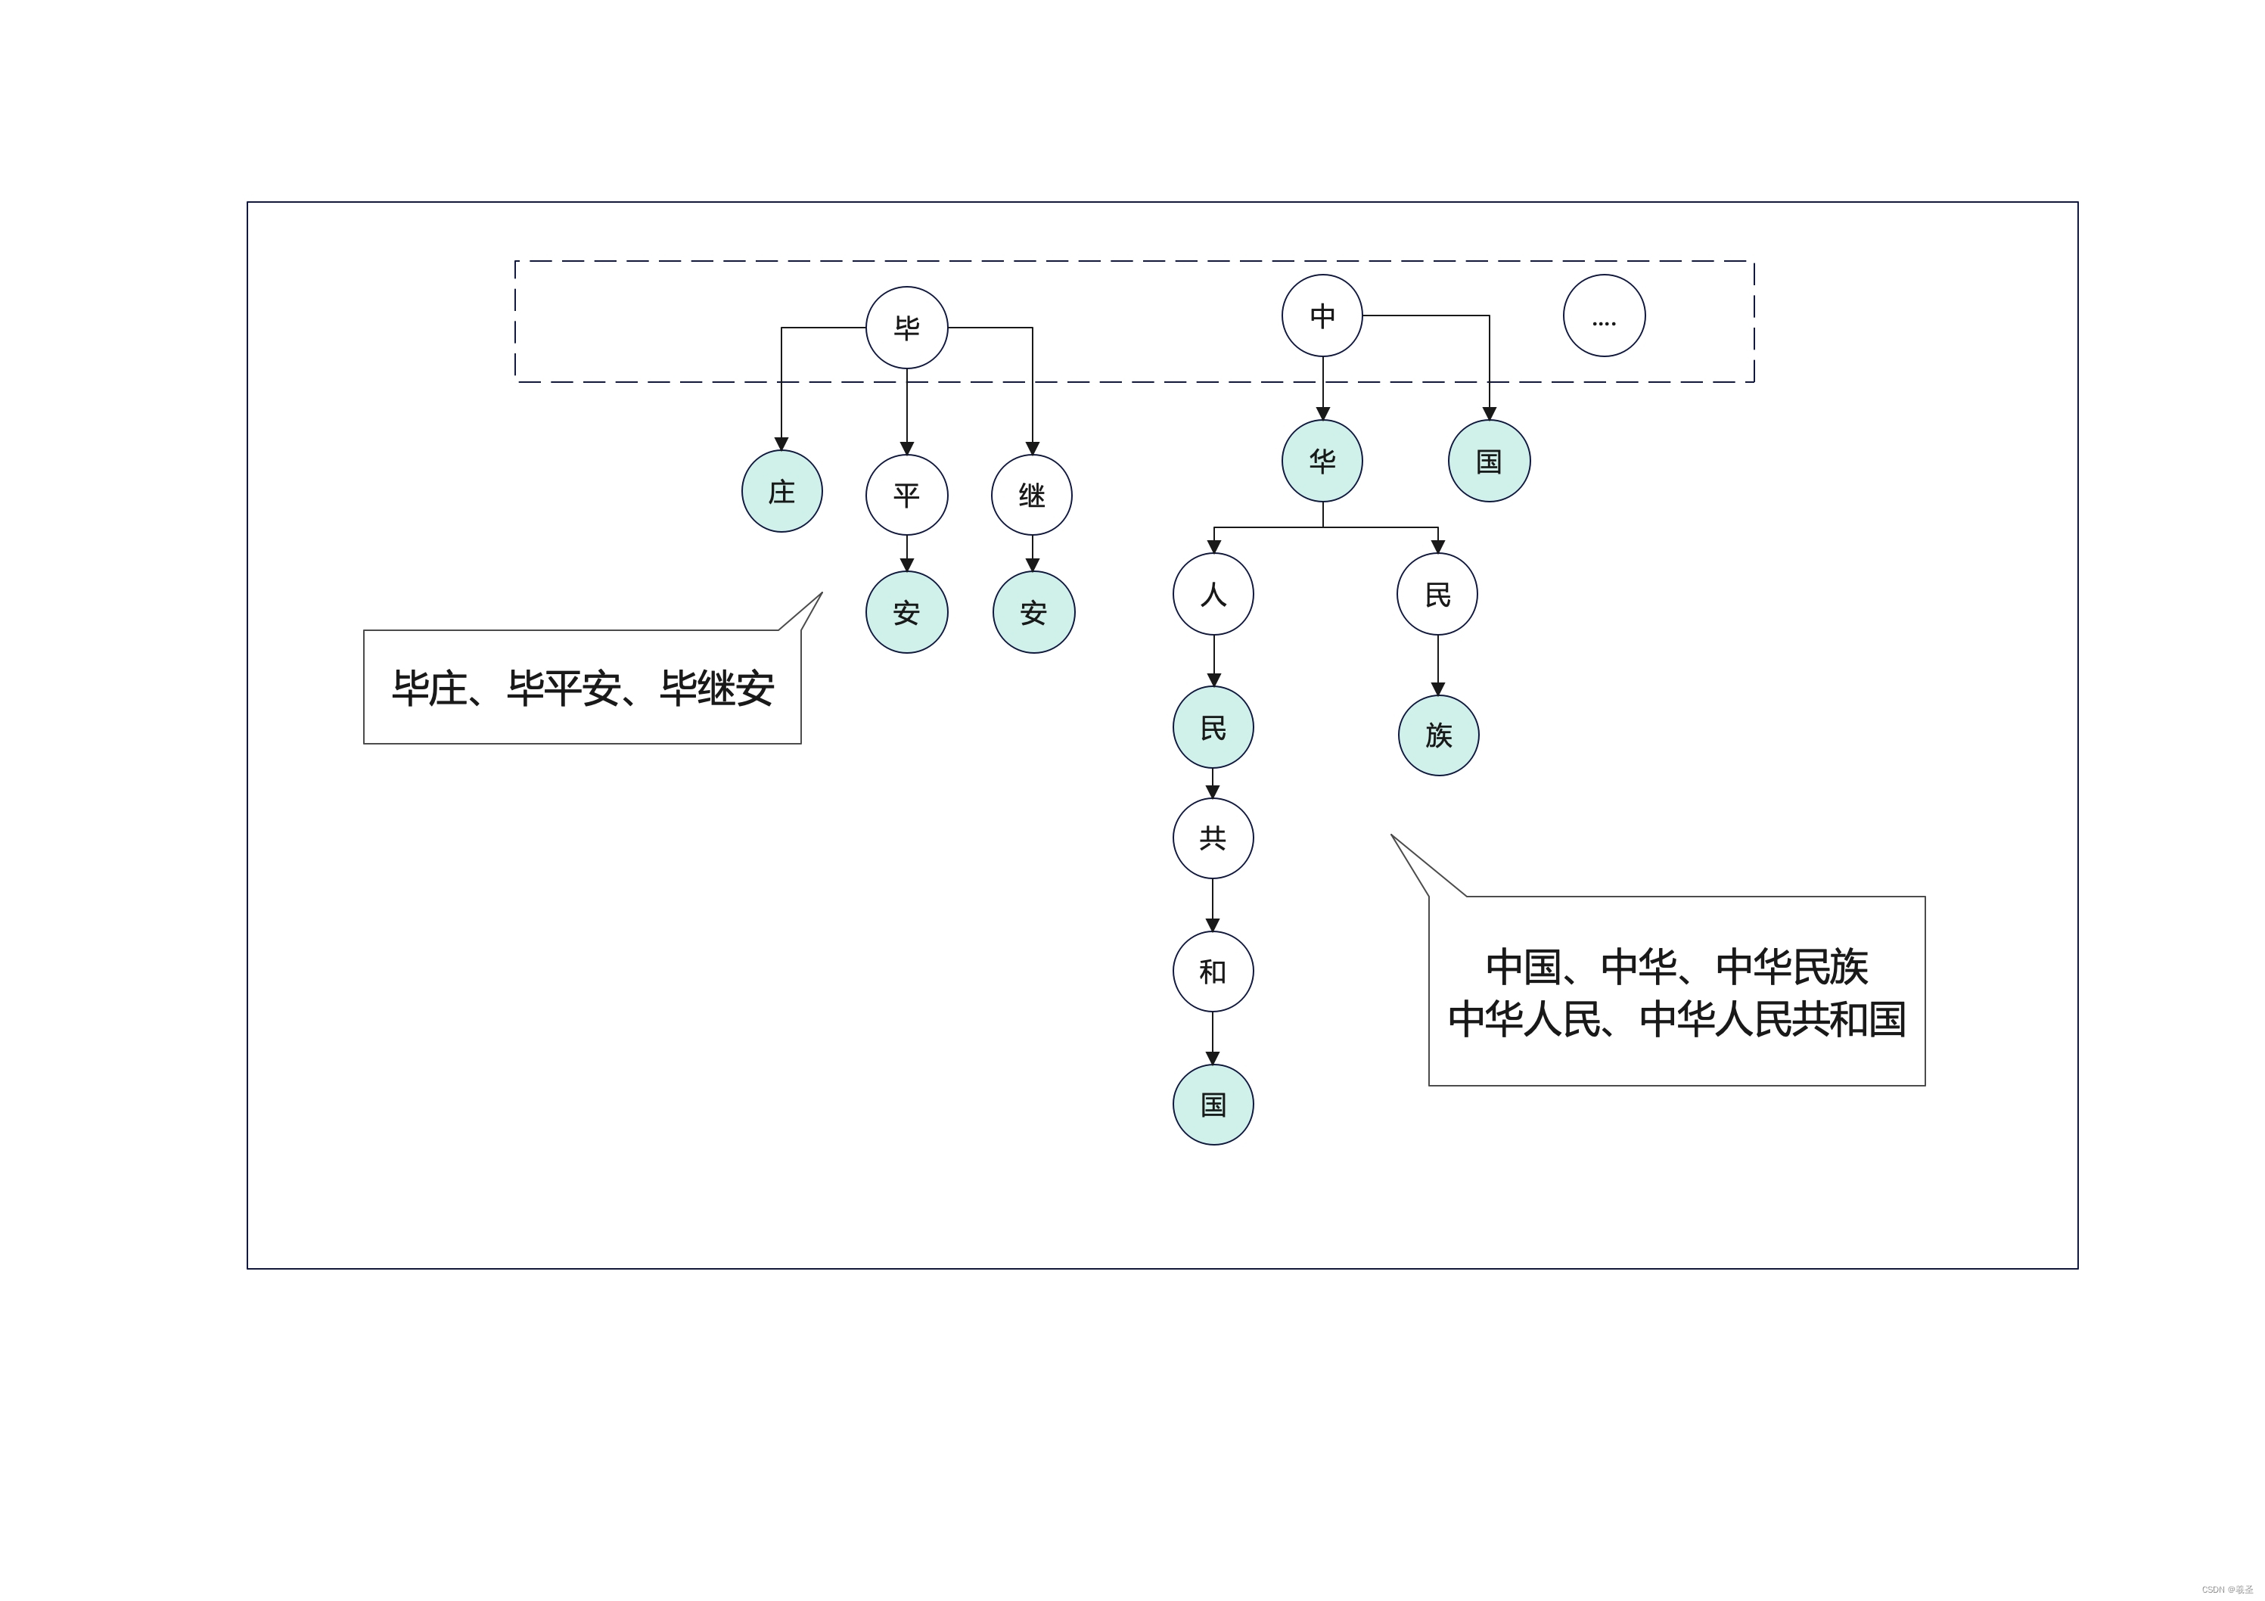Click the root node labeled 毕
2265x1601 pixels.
pyautogui.click(x=906, y=328)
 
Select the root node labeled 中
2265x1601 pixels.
pyautogui.click(x=1322, y=316)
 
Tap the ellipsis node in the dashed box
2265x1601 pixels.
pyautogui.click(x=1603, y=316)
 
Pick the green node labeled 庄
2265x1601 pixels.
pyautogui.click(x=781, y=491)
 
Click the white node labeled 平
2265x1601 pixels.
pyautogui.click(x=906, y=494)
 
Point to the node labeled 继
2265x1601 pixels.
pyautogui.click(x=1032, y=494)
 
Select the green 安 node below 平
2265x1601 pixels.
pyautogui.click(x=906, y=613)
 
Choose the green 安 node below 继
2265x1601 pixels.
pyautogui.click(x=1033, y=613)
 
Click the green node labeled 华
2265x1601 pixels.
pyautogui.click(x=1322, y=461)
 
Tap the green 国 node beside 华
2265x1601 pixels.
pyautogui.click(x=1489, y=461)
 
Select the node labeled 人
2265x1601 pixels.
pyautogui.click(x=1213, y=594)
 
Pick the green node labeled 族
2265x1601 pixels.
pyautogui.click(x=1438, y=735)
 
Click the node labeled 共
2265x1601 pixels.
pyautogui.click(x=1213, y=838)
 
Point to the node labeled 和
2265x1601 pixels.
pyautogui.click(x=1213, y=971)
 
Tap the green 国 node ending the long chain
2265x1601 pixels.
pyautogui.click(x=1213, y=1104)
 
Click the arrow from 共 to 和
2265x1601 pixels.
pyautogui.click(x=1213, y=905)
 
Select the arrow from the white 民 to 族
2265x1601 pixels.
pyautogui.click(x=1437, y=665)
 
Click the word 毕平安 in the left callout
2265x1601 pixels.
pyautogui.click(x=564, y=689)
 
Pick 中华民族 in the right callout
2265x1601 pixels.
pyautogui.click(x=1791, y=967)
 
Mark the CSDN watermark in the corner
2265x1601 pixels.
pyautogui.click(x=2226, y=1589)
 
